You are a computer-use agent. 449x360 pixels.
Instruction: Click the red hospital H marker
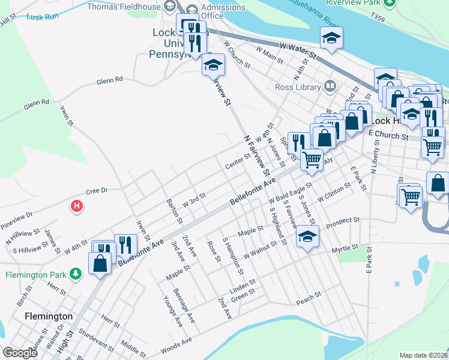[x=76, y=207]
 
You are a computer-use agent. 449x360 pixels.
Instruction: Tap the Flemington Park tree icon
[x=75, y=274]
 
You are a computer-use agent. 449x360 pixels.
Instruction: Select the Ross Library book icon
[x=329, y=86]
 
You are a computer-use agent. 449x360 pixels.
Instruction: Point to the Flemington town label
[x=49, y=316]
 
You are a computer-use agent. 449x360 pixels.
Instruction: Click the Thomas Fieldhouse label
[x=124, y=7]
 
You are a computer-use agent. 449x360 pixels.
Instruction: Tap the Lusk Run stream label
[x=43, y=16]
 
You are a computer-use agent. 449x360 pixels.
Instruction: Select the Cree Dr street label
[x=96, y=190]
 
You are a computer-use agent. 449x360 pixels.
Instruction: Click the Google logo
[x=20, y=353]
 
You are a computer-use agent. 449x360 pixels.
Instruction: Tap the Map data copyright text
[x=424, y=355]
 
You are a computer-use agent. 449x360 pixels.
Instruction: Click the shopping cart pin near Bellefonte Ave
[x=312, y=159]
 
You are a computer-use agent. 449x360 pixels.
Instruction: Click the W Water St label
[x=298, y=50]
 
